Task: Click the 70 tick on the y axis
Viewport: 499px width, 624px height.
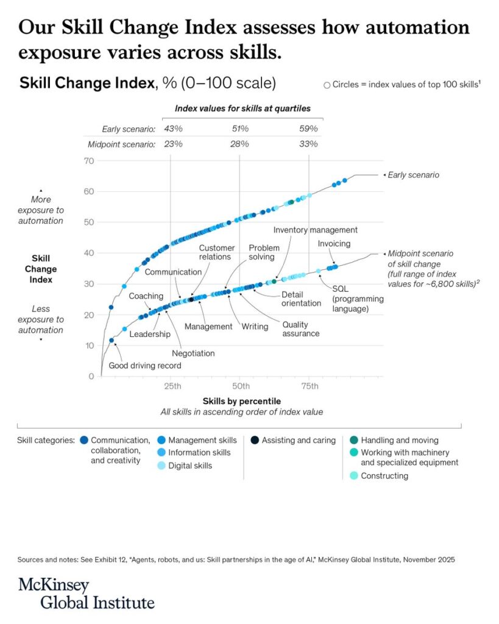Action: (x=89, y=161)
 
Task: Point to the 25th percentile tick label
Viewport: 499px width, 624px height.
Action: (x=172, y=386)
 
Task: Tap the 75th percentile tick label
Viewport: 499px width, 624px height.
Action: (x=310, y=386)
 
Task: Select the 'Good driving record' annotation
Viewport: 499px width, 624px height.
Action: (x=144, y=366)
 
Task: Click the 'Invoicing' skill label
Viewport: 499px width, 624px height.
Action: (x=334, y=244)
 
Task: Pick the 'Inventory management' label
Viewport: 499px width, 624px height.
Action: (x=315, y=230)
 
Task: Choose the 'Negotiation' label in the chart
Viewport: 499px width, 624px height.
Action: (x=193, y=353)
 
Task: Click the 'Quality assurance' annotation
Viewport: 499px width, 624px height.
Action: (x=300, y=329)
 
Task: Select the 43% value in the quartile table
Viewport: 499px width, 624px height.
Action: (x=173, y=129)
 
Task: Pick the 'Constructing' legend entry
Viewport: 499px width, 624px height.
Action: (x=384, y=475)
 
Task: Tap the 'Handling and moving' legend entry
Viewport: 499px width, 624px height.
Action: (x=399, y=440)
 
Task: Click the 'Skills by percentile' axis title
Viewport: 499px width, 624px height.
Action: (x=242, y=401)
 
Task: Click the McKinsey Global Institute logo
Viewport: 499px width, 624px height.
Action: (x=86, y=594)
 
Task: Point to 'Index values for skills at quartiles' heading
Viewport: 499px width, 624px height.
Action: (x=242, y=108)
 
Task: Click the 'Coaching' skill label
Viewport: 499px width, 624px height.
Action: (x=146, y=296)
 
